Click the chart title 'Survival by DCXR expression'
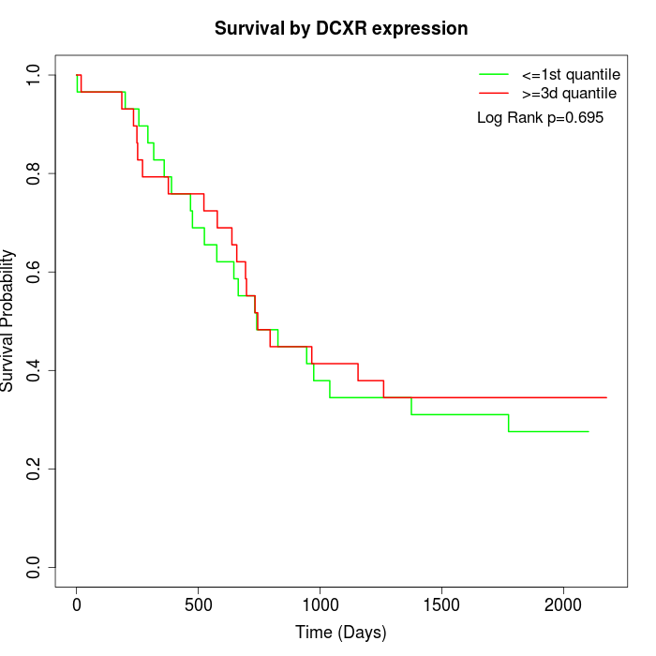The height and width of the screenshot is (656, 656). pyautogui.click(x=341, y=28)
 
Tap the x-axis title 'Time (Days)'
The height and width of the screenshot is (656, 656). pyautogui.click(x=341, y=633)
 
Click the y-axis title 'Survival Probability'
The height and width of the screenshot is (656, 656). pyautogui.click(x=8, y=321)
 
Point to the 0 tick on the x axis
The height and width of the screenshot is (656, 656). pyautogui.click(x=77, y=605)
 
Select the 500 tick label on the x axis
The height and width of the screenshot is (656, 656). pyautogui.click(x=199, y=605)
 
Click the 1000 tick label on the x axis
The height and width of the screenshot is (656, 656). pyautogui.click(x=320, y=605)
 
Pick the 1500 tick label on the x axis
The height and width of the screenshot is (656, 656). pyautogui.click(x=441, y=605)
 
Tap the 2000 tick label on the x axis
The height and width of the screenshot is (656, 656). pyautogui.click(x=563, y=605)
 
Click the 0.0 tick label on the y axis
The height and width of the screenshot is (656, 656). pyautogui.click(x=35, y=567)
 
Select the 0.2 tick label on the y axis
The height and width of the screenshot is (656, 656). pyautogui.click(x=35, y=469)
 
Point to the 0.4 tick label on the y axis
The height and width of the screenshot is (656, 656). pyautogui.click(x=35, y=370)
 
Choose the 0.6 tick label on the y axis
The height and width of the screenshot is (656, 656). pyautogui.click(x=35, y=272)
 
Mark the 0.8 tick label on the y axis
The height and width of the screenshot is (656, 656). pyautogui.click(x=35, y=173)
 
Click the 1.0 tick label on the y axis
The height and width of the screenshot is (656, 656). pyautogui.click(x=35, y=75)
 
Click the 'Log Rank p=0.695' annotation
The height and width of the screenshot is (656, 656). pyautogui.click(x=540, y=118)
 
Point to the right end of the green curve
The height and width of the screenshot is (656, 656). pyautogui.click(x=589, y=431)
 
